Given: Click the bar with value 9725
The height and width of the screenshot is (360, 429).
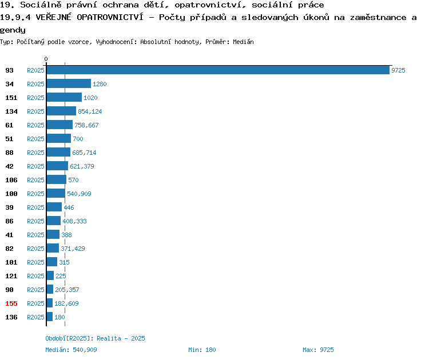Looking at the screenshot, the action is coord(218,70).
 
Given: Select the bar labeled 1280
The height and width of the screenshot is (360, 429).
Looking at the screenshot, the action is coord(69,83).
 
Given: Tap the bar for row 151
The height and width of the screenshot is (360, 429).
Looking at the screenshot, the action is coord(64,97).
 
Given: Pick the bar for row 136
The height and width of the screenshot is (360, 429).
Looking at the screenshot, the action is coord(50,317).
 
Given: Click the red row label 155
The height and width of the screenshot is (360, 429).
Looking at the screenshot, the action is coord(11,303).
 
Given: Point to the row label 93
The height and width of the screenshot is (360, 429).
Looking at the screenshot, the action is coord(9,70).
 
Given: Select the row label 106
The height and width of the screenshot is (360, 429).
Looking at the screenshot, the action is coord(11,180).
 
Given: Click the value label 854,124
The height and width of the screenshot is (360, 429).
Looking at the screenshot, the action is coord(90,111).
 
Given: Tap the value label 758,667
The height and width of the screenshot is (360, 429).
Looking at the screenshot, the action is coord(86,125).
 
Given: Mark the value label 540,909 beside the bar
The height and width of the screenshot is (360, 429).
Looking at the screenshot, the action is coord(79,194).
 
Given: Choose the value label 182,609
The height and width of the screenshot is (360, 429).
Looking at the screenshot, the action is coord(66,303).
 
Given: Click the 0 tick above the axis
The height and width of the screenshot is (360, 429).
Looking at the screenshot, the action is coord(46,59).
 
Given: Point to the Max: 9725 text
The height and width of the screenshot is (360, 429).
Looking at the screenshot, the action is coord(318,350).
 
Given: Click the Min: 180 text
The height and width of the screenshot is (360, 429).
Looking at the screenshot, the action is coord(202,350).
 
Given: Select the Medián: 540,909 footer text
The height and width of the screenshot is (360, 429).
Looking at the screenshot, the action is coord(71,350).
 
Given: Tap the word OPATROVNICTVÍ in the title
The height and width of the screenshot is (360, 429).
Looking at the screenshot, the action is coord(110,17).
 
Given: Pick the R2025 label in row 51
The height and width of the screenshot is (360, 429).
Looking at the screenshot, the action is coord(35,139).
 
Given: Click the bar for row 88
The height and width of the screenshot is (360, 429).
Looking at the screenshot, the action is coord(58,152).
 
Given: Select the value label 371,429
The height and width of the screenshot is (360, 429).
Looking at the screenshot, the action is coord(73,249).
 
